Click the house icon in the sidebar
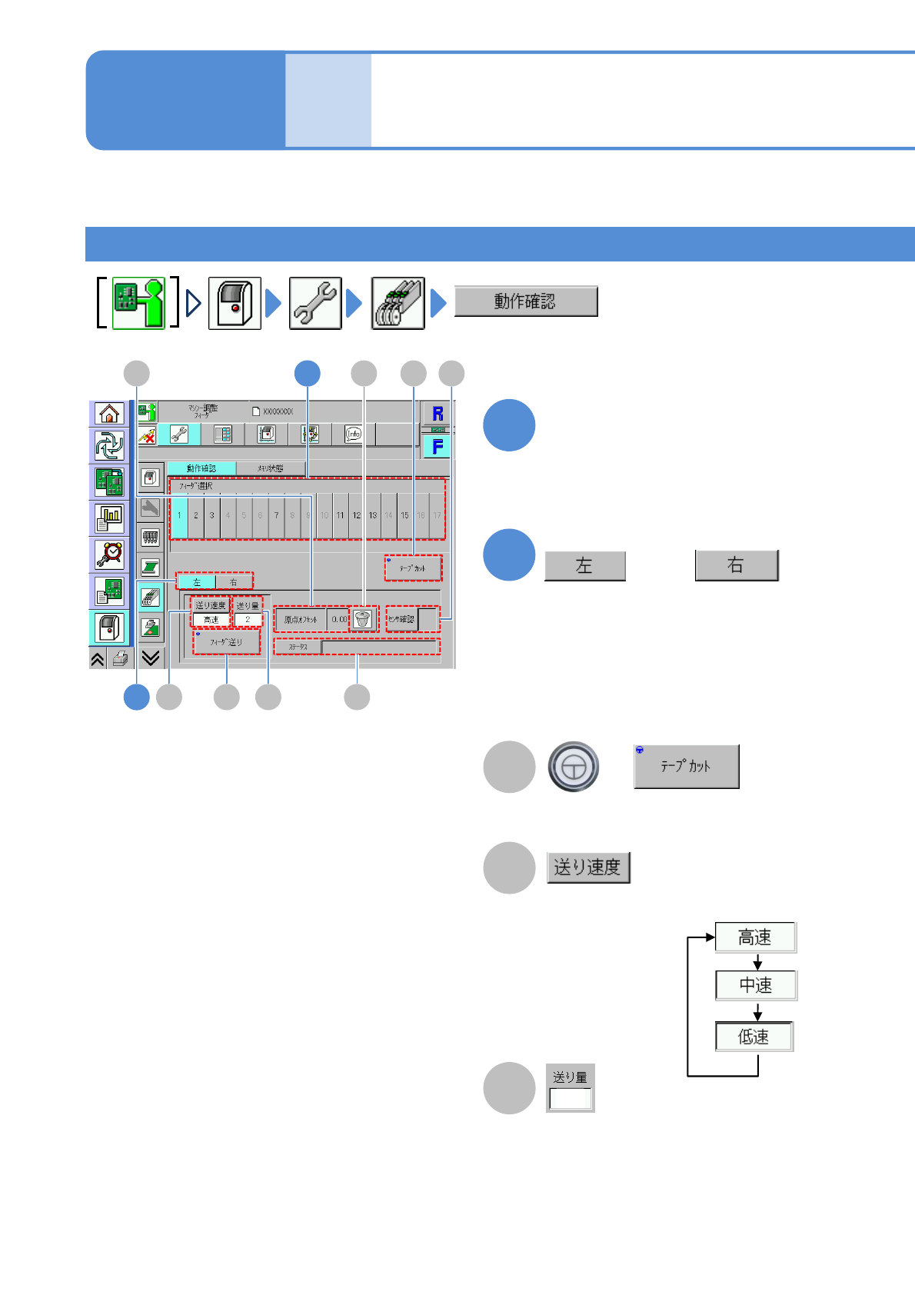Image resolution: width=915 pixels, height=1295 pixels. click(110, 414)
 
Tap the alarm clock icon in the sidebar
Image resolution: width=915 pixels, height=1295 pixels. click(110, 554)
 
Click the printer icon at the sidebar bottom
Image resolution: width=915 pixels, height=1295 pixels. click(120, 658)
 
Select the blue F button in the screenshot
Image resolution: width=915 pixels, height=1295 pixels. click(438, 447)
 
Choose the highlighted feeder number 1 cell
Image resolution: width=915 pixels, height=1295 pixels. click(179, 515)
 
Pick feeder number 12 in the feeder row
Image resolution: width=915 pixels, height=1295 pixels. click(356, 515)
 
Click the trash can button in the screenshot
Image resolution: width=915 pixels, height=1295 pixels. click(363, 619)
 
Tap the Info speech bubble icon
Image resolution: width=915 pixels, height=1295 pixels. click(354, 434)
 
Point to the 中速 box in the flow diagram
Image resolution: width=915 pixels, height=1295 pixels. click(755, 985)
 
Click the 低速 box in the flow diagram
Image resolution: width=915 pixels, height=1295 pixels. click(754, 1037)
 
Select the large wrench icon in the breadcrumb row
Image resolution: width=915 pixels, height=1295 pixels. click(315, 303)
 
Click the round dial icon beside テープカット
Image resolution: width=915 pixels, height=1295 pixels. click(573, 767)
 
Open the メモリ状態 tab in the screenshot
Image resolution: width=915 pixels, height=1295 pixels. click(271, 468)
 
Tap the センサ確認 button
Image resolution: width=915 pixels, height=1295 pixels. click(401, 619)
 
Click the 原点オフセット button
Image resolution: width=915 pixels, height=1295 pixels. click(301, 619)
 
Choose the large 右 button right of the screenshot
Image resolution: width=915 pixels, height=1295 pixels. click(736, 565)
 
